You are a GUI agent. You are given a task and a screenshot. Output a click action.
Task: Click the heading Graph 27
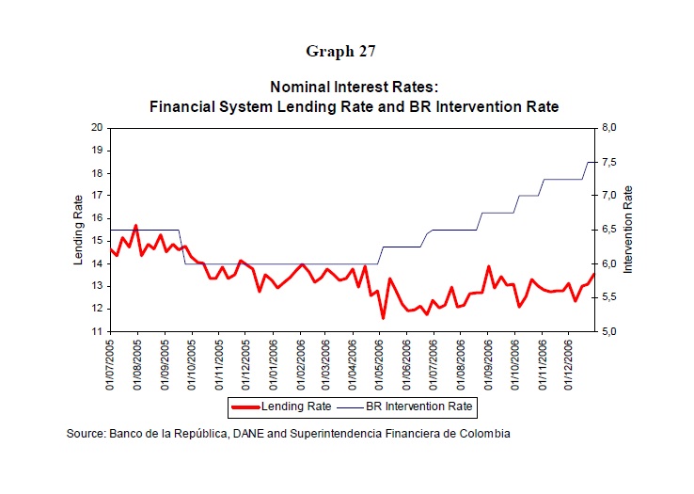pyautogui.click(x=340, y=52)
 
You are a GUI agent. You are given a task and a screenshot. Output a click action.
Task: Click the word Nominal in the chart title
pyautogui.click(x=300, y=87)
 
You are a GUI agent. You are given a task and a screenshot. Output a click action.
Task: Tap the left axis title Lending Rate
pyautogui.click(x=78, y=230)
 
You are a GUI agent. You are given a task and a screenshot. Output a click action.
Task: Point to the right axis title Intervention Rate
pyautogui.click(x=627, y=230)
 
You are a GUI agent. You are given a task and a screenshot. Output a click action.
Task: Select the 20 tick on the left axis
pyautogui.click(x=97, y=128)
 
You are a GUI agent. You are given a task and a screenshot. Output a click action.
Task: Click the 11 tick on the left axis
pyautogui.click(x=97, y=331)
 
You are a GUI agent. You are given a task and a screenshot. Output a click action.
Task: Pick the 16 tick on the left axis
pyautogui.click(x=97, y=218)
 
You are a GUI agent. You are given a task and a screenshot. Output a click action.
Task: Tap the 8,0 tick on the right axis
pyautogui.click(x=609, y=128)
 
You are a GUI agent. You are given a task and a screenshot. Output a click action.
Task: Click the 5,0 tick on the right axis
pyautogui.click(x=609, y=331)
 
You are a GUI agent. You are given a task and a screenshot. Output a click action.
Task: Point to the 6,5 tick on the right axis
pyautogui.click(x=609, y=230)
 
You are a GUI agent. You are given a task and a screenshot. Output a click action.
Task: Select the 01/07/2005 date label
pyautogui.click(x=109, y=365)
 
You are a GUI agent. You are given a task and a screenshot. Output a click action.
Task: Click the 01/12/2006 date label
pyautogui.click(x=568, y=365)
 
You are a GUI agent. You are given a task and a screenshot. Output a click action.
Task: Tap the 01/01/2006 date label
pyautogui.click(x=273, y=365)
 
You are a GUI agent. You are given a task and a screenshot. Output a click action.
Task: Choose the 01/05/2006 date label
pyautogui.click(x=379, y=365)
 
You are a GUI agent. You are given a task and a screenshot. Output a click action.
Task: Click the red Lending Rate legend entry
pyautogui.click(x=281, y=406)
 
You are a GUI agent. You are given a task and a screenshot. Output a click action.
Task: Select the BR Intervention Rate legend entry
pyautogui.click(x=405, y=406)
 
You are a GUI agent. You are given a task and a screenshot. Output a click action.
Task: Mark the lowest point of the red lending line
pyautogui.click(x=383, y=318)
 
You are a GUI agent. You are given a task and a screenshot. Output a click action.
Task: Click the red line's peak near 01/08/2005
pyautogui.click(x=135, y=226)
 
